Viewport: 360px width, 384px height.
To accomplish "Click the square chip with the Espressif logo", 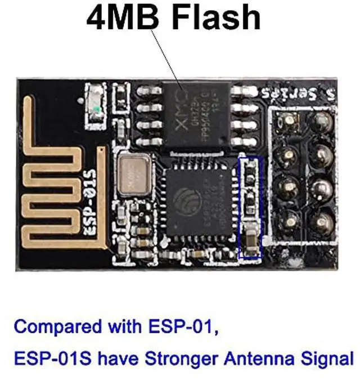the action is point(200,200).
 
